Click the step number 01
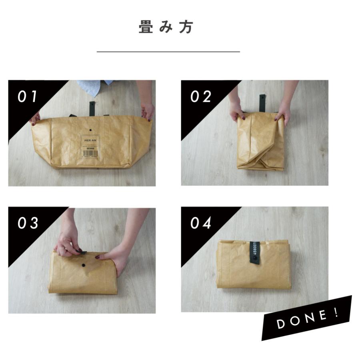[27, 97]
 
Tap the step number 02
[200, 97]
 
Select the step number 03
[28, 223]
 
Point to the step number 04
[201, 223]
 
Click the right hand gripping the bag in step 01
[148, 111]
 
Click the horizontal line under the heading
[168, 52]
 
